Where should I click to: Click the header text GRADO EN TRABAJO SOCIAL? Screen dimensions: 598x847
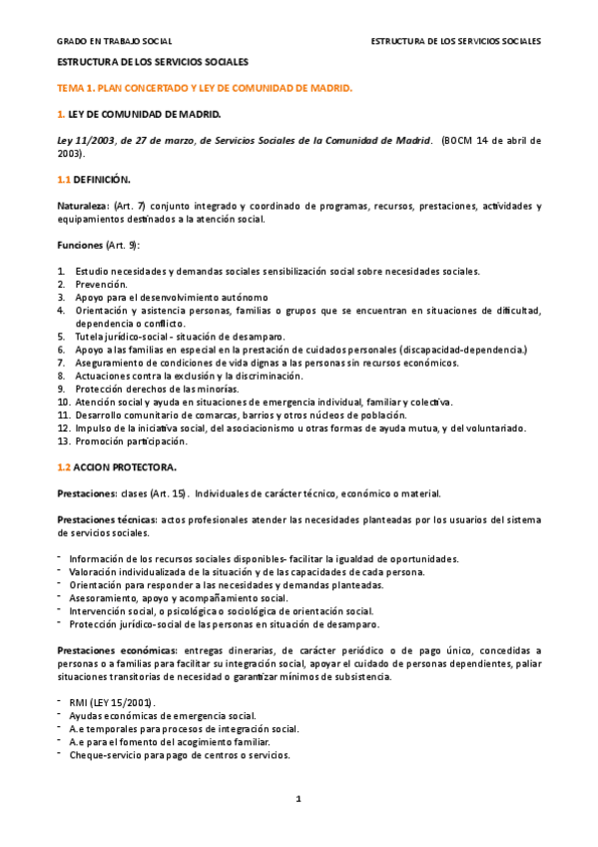(114, 41)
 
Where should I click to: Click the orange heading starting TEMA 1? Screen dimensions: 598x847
(205, 88)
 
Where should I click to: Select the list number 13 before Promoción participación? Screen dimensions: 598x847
(63, 440)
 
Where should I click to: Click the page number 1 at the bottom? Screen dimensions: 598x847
(298, 798)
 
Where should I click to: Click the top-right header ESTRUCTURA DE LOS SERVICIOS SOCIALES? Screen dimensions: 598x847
(455, 41)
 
